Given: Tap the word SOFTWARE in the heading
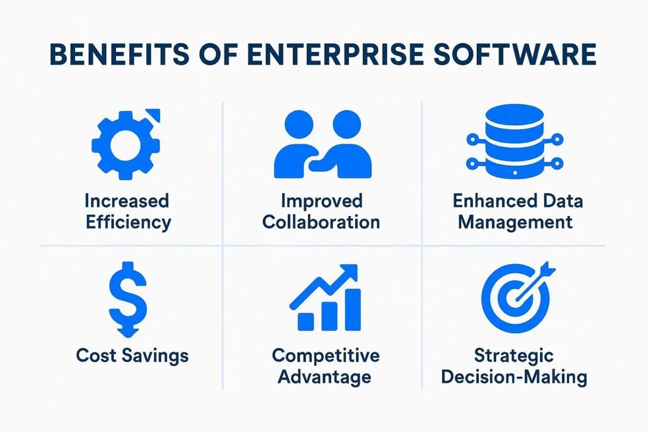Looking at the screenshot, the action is coord(515,54).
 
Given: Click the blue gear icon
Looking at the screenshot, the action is coord(125,145).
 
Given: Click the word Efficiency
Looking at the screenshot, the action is coord(129,223).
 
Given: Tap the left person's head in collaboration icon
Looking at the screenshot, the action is coord(299,124).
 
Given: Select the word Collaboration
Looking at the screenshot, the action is coord(321,222).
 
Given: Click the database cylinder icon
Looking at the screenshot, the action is coord(515,141).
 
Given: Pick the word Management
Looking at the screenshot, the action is coord(515,223).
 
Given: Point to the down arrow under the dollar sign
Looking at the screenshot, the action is coord(128,332).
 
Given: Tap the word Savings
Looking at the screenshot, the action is coord(155,356).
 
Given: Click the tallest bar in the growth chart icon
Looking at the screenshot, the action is coord(353,309).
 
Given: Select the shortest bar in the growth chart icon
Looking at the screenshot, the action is coord(306,322).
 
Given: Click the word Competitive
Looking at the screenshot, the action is coord(326,355).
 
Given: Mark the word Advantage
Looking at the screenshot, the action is coord(325,377).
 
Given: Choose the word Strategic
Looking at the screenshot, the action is coord(514,356).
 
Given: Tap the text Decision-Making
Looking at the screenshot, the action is coord(514,377).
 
